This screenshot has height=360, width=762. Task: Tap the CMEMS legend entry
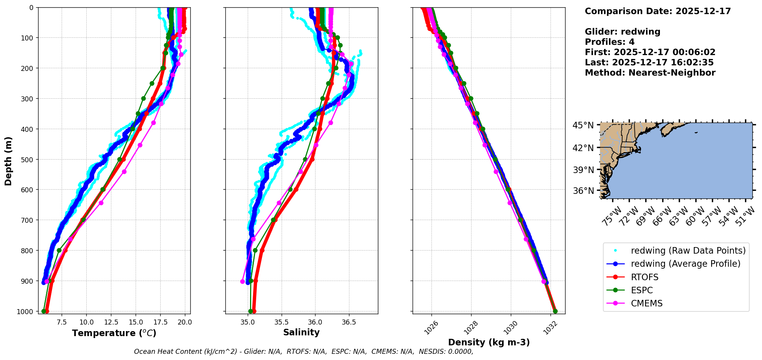[x=646, y=303]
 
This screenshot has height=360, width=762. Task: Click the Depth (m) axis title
[x=8, y=161]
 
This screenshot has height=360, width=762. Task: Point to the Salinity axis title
[x=301, y=332]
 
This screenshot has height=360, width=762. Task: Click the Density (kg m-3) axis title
[x=489, y=342]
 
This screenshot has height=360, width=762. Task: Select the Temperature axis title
[x=114, y=333]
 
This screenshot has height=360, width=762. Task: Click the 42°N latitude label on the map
[x=583, y=148]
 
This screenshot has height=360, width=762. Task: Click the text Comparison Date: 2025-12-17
[x=658, y=11]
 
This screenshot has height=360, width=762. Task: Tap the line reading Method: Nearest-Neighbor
[x=650, y=72]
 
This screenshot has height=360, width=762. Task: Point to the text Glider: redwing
[x=623, y=32]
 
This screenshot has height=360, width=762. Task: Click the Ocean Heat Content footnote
[x=304, y=352]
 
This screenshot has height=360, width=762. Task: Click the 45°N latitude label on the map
[x=583, y=125]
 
